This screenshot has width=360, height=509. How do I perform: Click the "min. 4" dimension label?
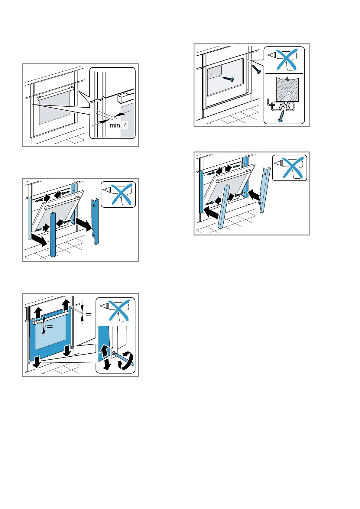118,125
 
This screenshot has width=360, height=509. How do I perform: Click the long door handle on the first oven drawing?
55,93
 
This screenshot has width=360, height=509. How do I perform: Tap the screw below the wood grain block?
281,116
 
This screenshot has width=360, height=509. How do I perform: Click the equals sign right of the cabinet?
88,314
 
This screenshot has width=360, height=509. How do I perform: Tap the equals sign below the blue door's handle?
50,326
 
